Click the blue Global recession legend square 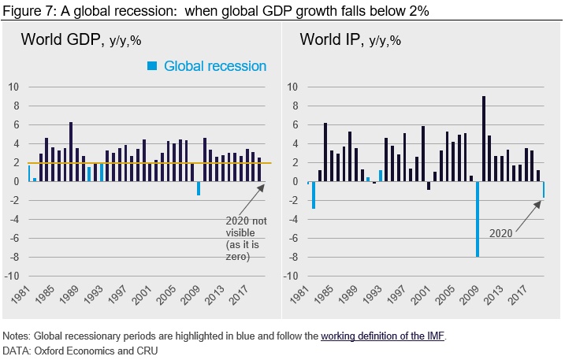click(154, 66)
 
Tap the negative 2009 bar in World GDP click(199, 188)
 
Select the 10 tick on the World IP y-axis click(292, 87)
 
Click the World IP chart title click(349, 39)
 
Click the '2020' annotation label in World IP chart click(502, 233)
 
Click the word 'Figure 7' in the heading click(26, 9)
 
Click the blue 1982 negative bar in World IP click(314, 195)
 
